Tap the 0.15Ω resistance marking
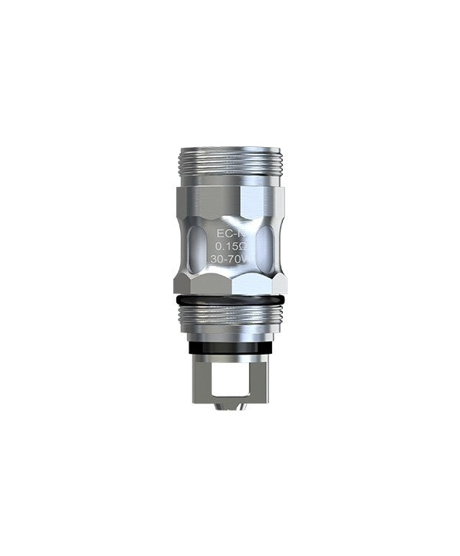click(x=228, y=246)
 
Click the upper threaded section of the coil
click(x=229, y=165)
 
